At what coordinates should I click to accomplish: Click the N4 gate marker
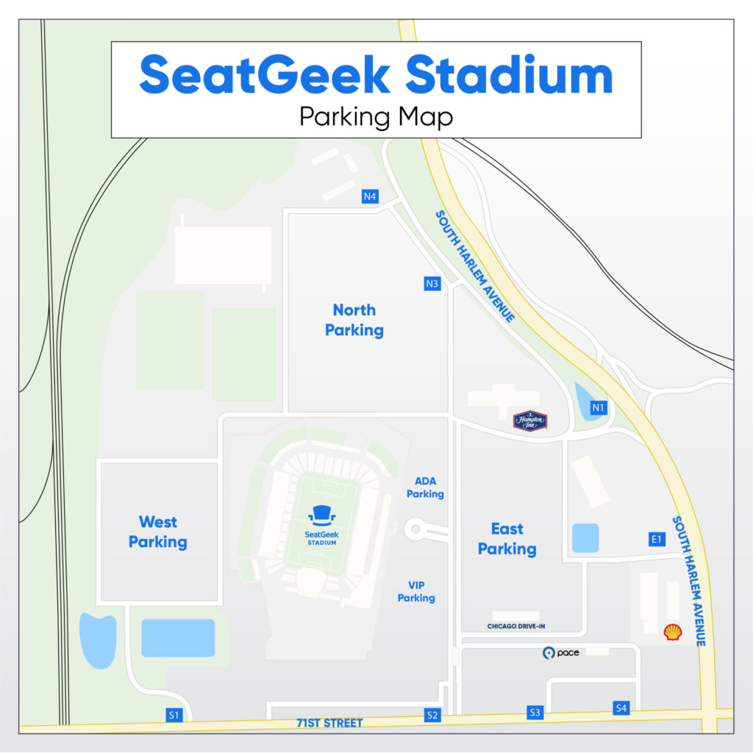(370, 196)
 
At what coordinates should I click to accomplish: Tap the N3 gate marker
(432, 283)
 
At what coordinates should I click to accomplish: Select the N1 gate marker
(599, 407)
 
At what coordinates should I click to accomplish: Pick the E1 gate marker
(657, 539)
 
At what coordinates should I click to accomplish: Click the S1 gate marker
(174, 714)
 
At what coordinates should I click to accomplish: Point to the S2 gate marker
(432, 714)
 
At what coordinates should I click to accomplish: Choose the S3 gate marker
(535, 712)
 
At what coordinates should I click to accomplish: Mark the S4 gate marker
(621, 708)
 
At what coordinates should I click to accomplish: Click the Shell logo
(672, 632)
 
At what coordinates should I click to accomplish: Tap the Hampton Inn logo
(529, 421)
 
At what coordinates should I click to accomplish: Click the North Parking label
(354, 320)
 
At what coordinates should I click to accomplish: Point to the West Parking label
(158, 532)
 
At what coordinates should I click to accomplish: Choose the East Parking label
(507, 538)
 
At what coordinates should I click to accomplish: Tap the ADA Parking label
(425, 488)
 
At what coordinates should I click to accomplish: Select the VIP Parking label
(416, 591)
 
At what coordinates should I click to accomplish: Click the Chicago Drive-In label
(515, 627)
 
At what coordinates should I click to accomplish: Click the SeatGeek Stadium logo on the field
(321, 523)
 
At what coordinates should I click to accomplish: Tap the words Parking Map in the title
(376, 117)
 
